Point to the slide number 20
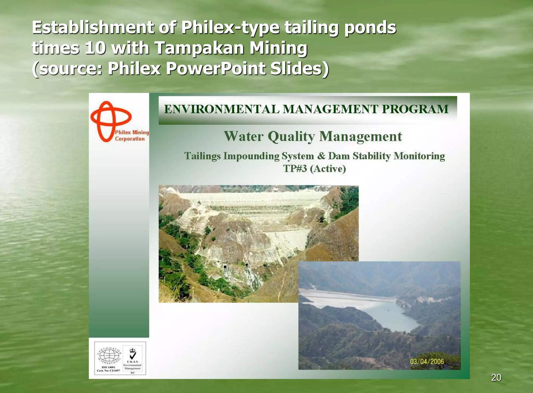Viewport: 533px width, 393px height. point(496,377)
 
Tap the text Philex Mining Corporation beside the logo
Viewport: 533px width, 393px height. point(132,135)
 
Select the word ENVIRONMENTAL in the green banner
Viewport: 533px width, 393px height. point(221,109)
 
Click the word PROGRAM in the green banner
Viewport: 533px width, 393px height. point(415,109)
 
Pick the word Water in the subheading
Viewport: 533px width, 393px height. point(244,136)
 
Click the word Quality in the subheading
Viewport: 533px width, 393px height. point(291,136)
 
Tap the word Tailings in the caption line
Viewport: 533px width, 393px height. point(202,156)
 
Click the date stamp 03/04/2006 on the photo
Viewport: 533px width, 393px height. point(427,361)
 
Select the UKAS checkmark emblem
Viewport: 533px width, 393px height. point(132,354)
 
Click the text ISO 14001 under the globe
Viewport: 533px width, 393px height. point(108,367)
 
